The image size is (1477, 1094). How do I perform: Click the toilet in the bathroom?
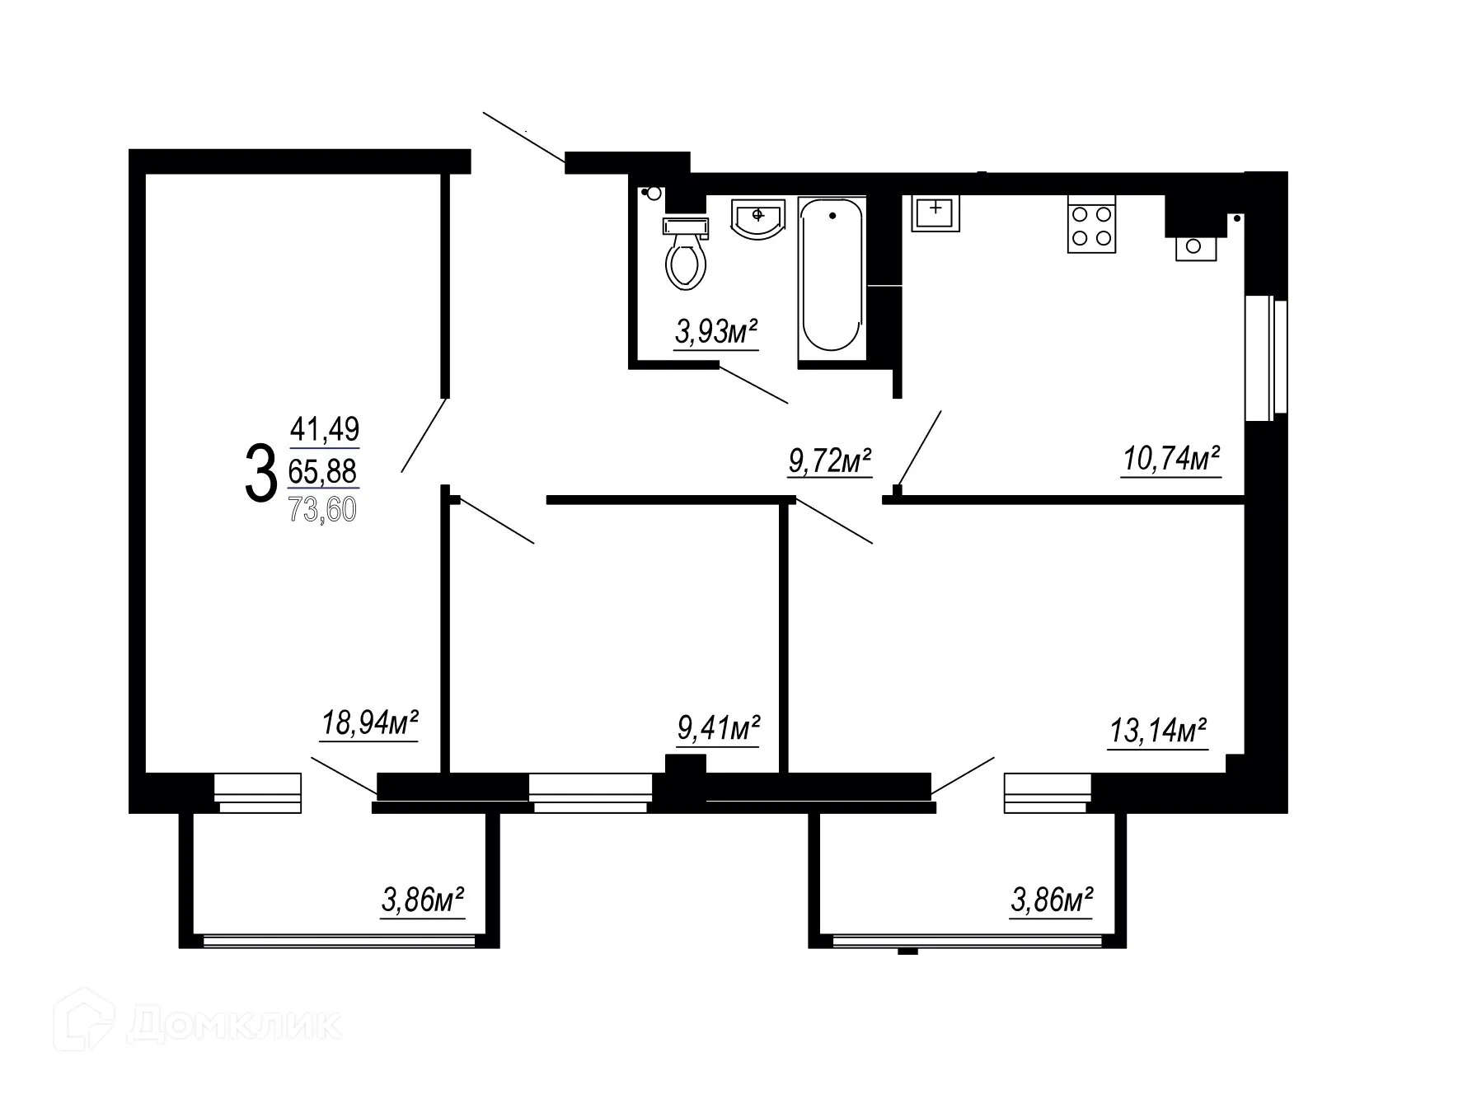686,255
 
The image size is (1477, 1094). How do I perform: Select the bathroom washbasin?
757,219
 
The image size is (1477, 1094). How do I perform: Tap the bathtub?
832,278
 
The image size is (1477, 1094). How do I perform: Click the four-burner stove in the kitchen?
1091,225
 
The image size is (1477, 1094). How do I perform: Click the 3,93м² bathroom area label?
715,333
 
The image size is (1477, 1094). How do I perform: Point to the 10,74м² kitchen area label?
1171,459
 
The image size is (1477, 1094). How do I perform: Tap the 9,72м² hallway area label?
830,461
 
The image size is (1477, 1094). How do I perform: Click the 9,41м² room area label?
718,729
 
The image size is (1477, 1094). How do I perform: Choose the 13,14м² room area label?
1158,730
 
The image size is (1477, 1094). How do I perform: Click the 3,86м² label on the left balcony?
422,900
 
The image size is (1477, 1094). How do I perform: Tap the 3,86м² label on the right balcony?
1052,900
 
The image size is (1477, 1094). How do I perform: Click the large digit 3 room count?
260,472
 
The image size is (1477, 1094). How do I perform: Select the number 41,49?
325,428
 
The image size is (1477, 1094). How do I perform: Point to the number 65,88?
322,471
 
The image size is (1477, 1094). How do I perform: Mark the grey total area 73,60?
322,510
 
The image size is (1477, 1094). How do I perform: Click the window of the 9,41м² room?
590,792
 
